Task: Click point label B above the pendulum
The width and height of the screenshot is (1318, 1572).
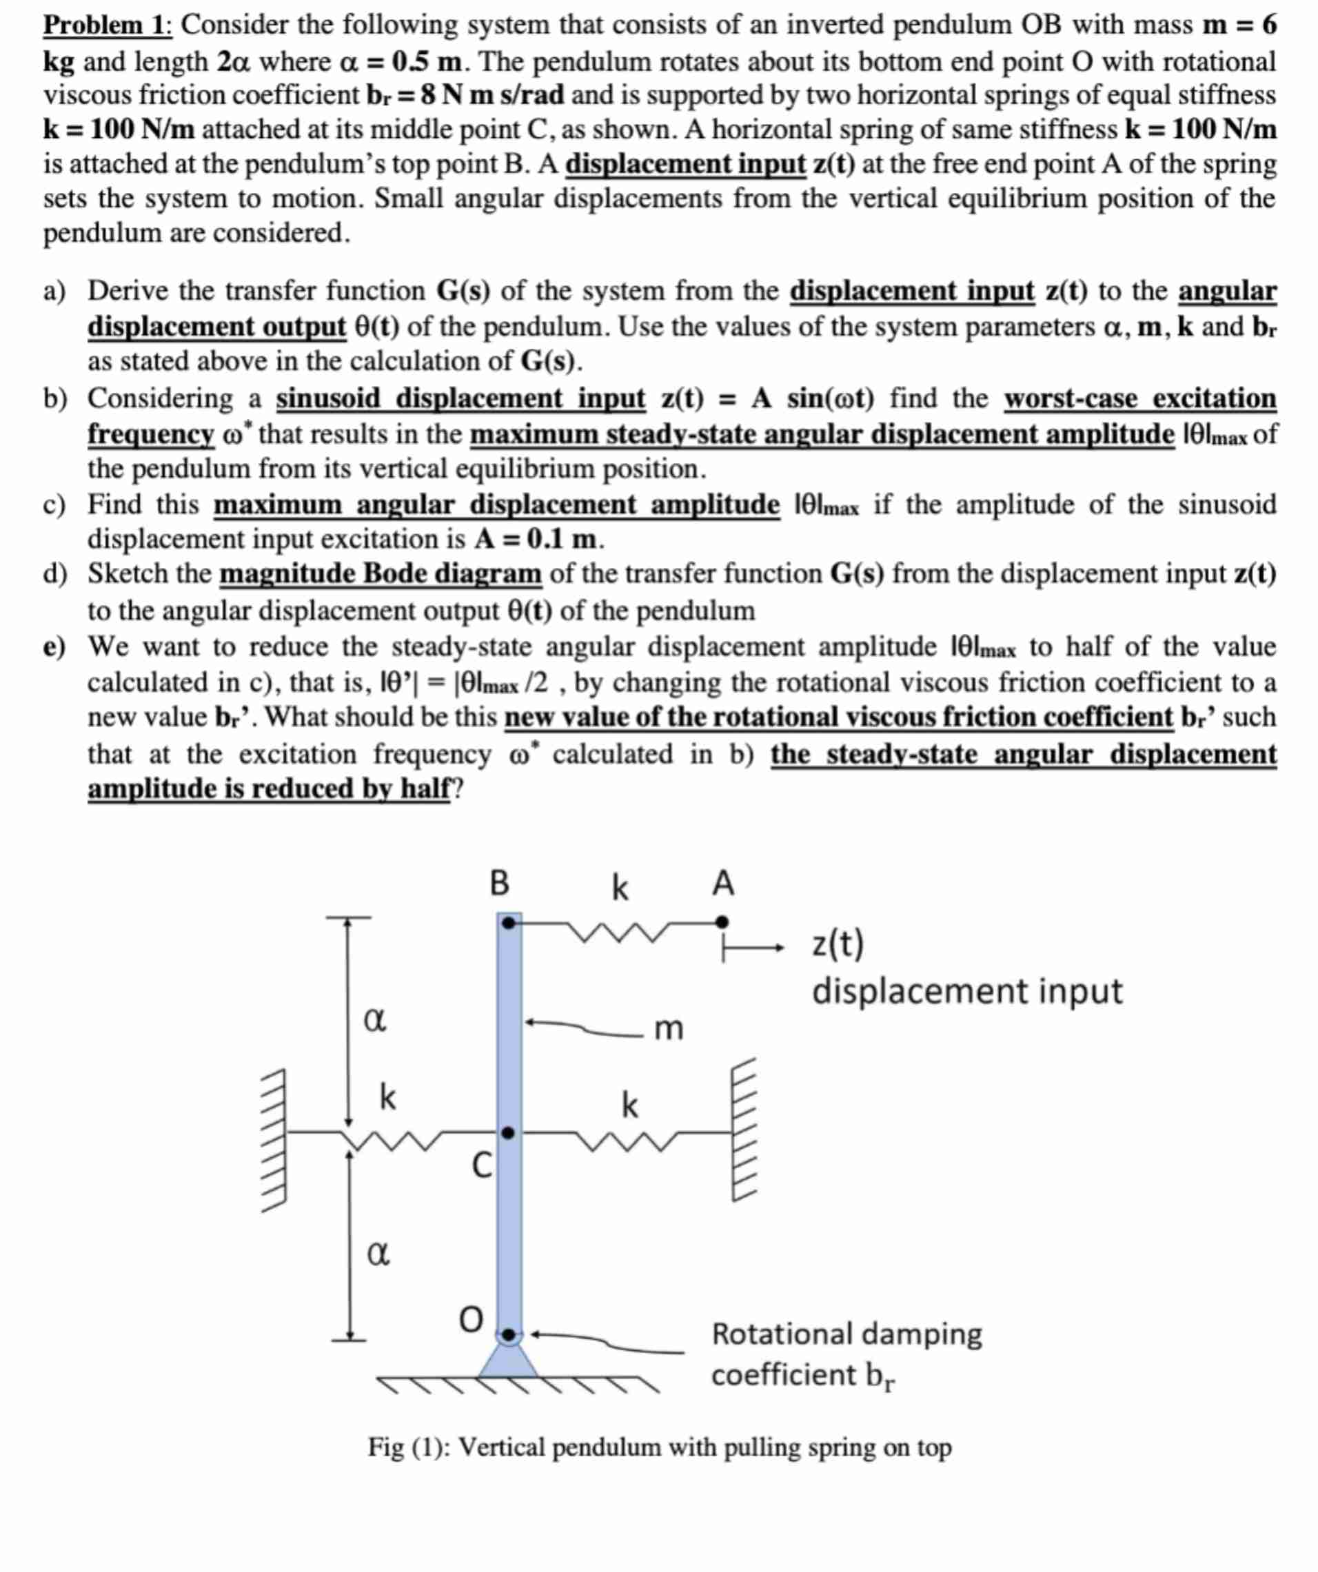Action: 500,884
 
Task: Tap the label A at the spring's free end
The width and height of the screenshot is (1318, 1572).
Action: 722,884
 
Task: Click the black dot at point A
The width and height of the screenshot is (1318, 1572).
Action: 721,921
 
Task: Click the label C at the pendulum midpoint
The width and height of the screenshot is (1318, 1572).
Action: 483,1165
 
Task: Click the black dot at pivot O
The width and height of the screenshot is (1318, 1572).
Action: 509,1334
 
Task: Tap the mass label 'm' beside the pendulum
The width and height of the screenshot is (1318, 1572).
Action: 669,1030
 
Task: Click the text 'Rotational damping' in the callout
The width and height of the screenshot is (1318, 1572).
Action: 846,1334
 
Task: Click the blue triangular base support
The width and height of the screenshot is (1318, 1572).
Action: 509,1362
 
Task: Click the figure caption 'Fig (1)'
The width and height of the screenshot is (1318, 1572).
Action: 407,1448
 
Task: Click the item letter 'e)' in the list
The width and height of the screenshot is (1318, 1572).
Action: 54,646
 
